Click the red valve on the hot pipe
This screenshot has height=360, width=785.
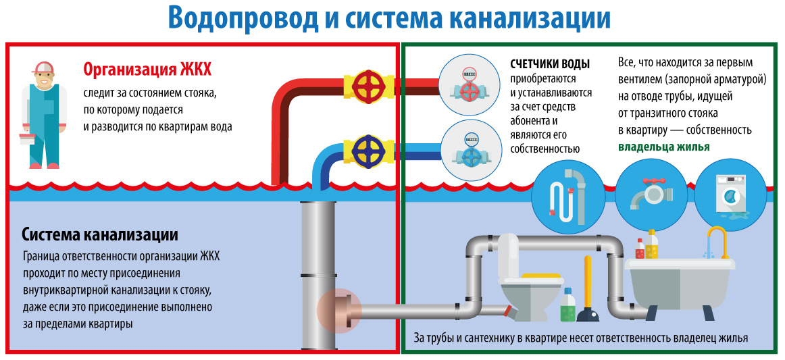pyautogui.click(x=368, y=85)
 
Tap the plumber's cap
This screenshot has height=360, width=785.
pyautogui.click(x=45, y=68)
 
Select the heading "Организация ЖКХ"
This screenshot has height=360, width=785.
pyautogui.click(x=147, y=70)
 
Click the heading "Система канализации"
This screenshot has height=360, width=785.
pyautogui.click(x=100, y=235)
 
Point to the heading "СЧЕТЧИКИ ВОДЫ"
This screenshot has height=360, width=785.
pyautogui.click(x=550, y=64)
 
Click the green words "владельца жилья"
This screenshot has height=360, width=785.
pyautogui.click(x=663, y=147)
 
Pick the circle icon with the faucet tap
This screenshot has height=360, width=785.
pyautogui.click(x=649, y=196)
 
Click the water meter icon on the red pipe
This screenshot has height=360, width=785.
pyautogui.click(x=469, y=83)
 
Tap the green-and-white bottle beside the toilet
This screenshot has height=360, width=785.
pyautogui.click(x=567, y=305)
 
